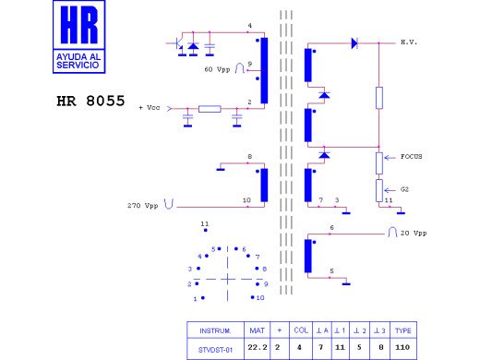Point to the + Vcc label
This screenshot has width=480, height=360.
tap(149, 108)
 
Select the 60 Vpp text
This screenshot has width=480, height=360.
tap(216, 69)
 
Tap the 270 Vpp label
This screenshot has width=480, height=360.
tap(146, 205)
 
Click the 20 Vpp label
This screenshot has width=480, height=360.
tap(413, 234)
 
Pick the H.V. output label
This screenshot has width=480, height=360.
tap(410, 42)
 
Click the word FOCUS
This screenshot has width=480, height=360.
tap(411, 157)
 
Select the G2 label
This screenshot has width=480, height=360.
tap(404, 188)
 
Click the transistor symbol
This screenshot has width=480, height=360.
tap(175, 43)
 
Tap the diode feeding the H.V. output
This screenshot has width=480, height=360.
tap(354, 42)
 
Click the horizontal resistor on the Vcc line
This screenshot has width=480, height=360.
tap(210, 109)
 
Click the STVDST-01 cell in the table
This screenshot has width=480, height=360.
tap(214, 350)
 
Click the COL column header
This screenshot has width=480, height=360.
tap(301, 330)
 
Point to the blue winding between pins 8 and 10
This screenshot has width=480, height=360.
tap(264, 185)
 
